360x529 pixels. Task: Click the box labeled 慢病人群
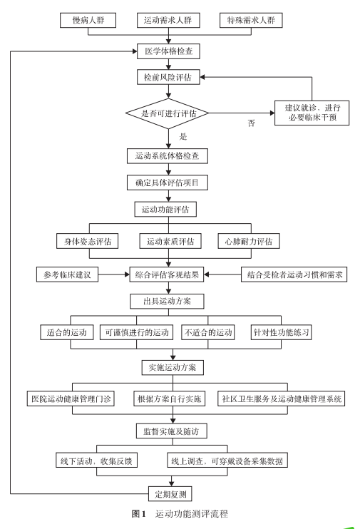pyautogui.click(x=88, y=20)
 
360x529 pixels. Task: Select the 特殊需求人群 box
pyautogui.click(x=251, y=20)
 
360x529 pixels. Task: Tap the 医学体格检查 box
pyautogui.click(x=168, y=51)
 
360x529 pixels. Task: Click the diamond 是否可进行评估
pyautogui.click(x=168, y=113)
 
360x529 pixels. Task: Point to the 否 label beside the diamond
pyautogui.click(x=252, y=123)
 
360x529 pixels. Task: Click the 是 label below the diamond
pyautogui.click(x=183, y=136)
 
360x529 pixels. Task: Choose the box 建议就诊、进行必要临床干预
pyautogui.click(x=312, y=113)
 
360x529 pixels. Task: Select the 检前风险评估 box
pyautogui.click(x=168, y=77)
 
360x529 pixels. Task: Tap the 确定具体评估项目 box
pyautogui.click(x=168, y=183)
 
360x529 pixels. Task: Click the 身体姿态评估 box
pyautogui.click(x=88, y=241)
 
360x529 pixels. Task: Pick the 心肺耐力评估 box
pyautogui.click(x=249, y=241)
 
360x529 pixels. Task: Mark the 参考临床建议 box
pyautogui.click(x=67, y=274)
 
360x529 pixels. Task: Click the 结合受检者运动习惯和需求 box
pyautogui.click(x=294, y=274)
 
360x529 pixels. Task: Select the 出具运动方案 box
pyautogui.click(x=167, y=302)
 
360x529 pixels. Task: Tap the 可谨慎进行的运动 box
pyautogui.click(x=137, y=332)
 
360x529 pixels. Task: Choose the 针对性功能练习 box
pyautogui.click(x=281, y=332)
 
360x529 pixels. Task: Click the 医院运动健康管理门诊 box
pyautogui.click(x=71, y=399)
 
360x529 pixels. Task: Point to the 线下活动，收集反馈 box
pyautogui.click(x=96, y=460)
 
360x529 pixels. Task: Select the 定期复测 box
pyautogui.click(x=170, y=494)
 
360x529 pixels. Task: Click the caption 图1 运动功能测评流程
pyautogui.click(x=180, y=514)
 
